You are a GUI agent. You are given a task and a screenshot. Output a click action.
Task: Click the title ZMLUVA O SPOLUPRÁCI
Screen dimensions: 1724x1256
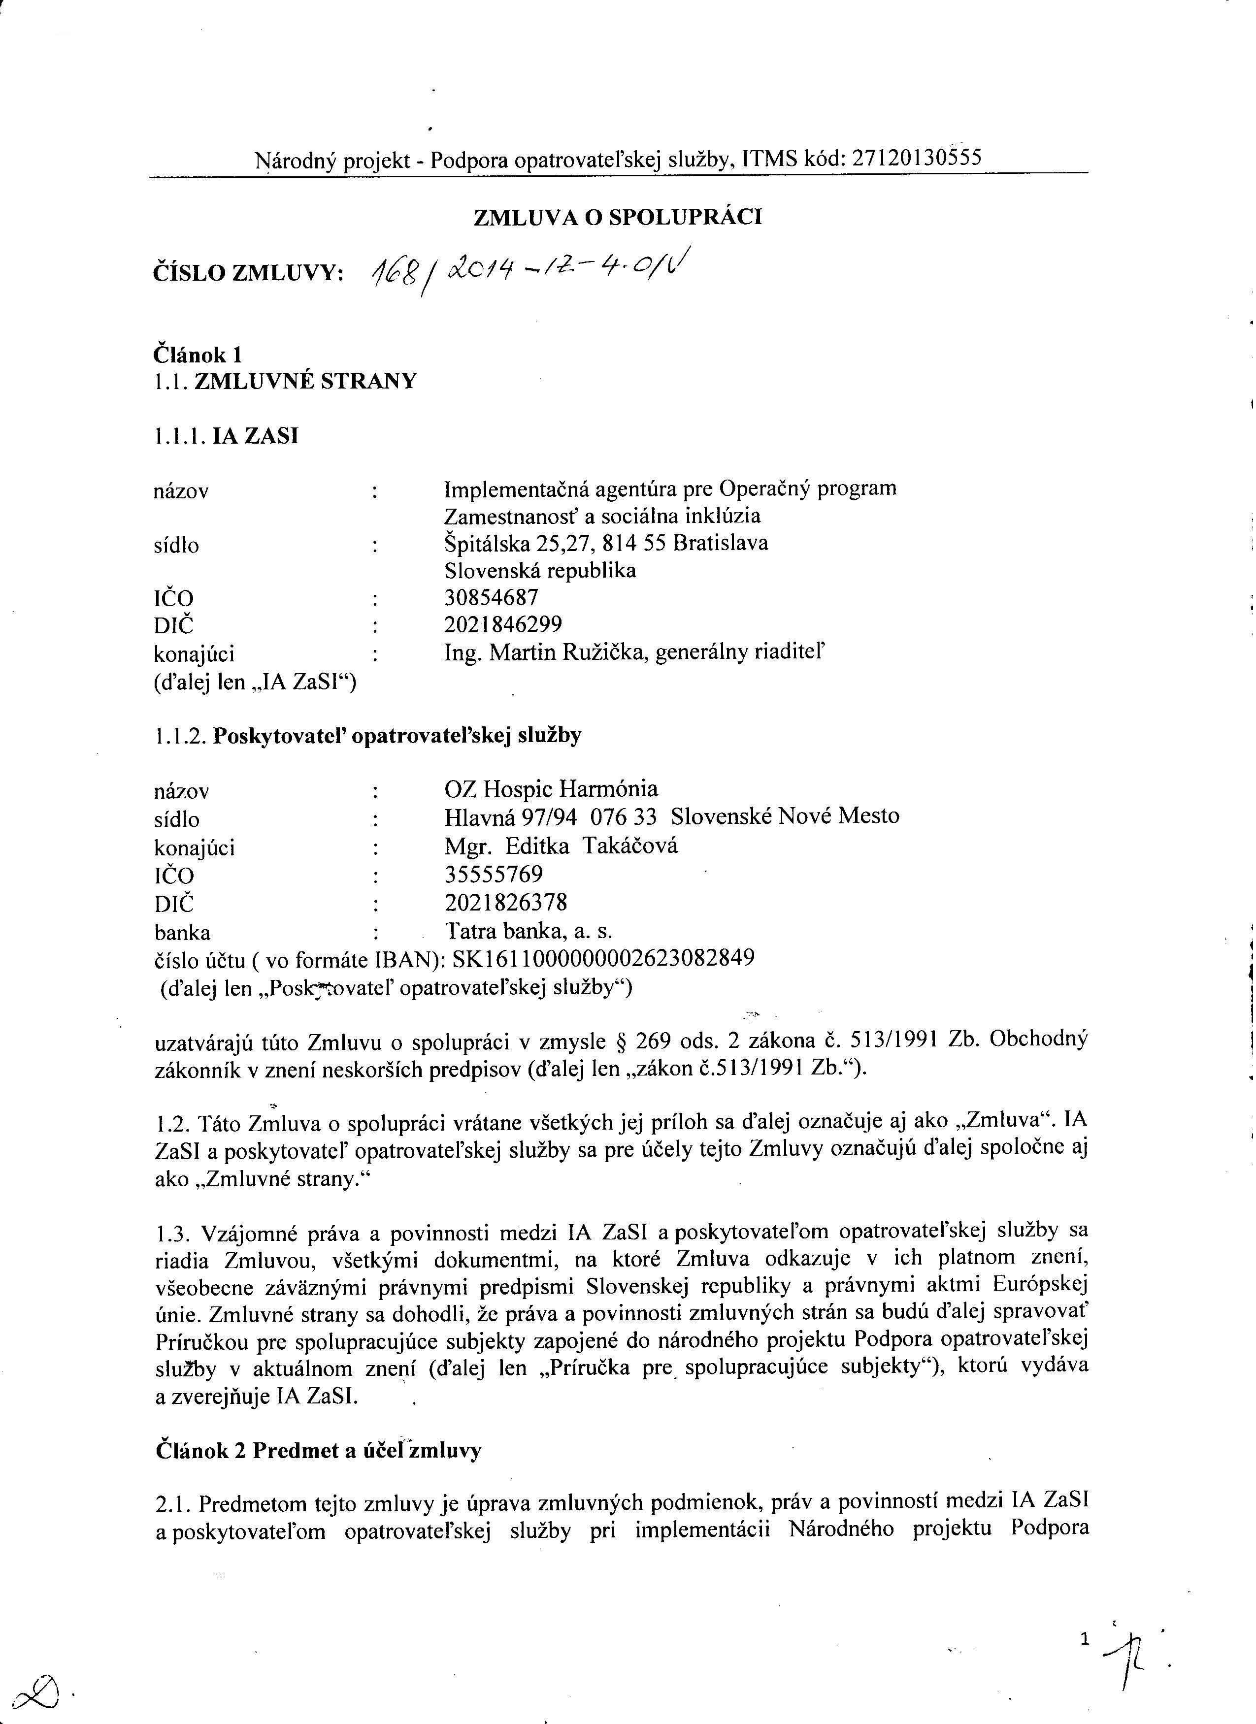[x=617, y=217]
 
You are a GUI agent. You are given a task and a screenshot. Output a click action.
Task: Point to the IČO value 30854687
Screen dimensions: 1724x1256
[x=491, y=597]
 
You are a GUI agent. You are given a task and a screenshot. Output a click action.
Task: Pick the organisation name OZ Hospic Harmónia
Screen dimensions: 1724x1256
[x=551, y=788]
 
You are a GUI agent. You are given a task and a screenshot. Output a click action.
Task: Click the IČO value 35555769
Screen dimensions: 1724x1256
[x=494, y=874]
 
